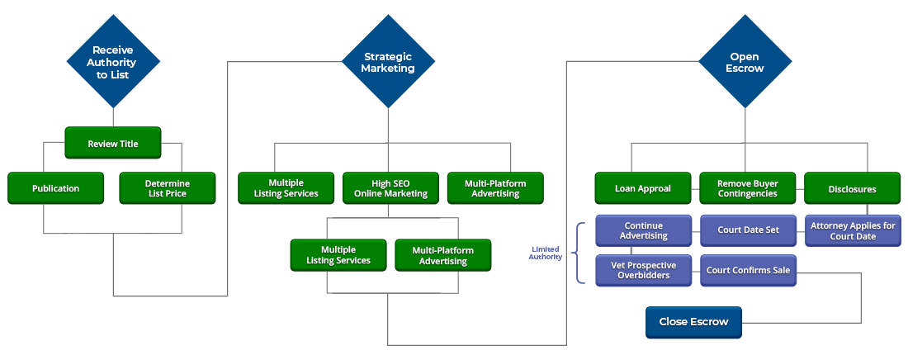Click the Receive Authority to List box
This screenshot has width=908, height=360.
[x=113, y=63]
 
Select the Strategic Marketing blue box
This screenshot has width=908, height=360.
[x=388, y=63]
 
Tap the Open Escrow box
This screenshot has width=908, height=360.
[x=745, y=63]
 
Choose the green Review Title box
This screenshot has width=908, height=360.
[x=113, y=144]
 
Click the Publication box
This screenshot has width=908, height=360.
[x=56, y=188]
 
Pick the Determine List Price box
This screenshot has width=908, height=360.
[x=168, y=188]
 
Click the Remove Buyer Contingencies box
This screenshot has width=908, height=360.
[x=747, y=188]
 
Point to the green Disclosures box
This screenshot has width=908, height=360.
[x=852, y=188]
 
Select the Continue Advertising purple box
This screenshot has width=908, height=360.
[x=644, y=230]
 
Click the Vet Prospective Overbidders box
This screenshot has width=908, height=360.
[x=644, y=270]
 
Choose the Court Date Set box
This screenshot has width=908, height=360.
[x=749, y=230]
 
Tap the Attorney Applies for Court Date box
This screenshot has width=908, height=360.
[x=853, y=230]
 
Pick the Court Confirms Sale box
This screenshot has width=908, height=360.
[x=749, y=270]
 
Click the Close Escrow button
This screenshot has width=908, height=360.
[x=693, y=322]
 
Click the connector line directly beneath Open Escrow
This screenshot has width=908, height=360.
[x=745, y=126]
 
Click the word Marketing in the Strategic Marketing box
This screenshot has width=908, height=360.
[x=388, y=69]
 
